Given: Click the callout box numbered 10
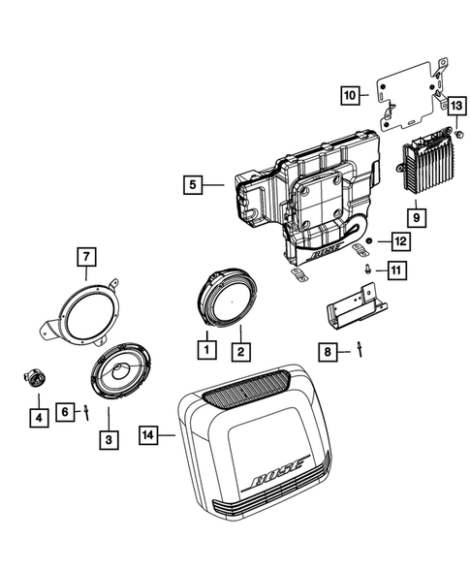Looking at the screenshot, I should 350,95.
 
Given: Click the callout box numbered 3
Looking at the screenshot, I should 109,438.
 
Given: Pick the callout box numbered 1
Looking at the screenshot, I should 205,344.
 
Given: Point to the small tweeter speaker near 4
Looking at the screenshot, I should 34,380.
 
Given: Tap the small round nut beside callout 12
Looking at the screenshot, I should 370,239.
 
